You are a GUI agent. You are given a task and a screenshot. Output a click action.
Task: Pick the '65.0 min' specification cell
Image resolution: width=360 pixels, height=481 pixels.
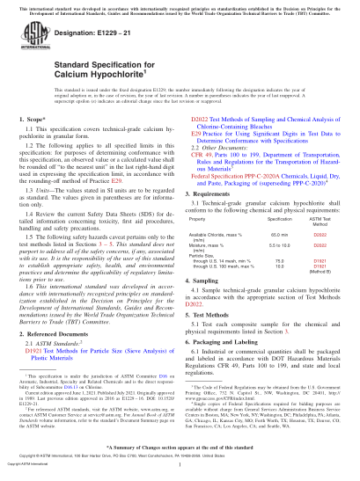[279, 236]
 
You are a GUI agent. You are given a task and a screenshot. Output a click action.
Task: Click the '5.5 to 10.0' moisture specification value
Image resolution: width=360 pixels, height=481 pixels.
[279, 246]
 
